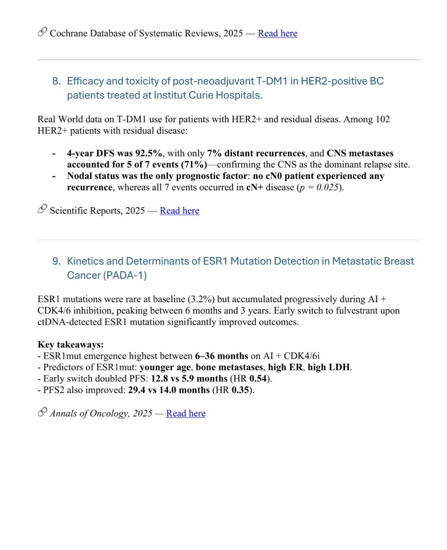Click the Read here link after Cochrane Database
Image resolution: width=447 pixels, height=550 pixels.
coord(277,33)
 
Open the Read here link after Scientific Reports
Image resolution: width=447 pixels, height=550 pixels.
coord(179,210)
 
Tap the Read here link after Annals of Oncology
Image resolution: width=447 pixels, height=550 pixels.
coord(186,413)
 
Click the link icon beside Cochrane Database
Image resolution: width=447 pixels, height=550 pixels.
coord(42,32)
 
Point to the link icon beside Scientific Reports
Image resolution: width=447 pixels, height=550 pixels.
coord(42,209)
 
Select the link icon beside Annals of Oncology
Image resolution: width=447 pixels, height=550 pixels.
coord(42,412)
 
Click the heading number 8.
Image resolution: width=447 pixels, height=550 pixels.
coord(56,81)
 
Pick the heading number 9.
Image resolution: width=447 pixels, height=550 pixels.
coord(56,261)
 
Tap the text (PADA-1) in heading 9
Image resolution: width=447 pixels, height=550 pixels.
coord(124,275)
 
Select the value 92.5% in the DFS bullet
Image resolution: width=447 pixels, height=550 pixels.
coord(149,153)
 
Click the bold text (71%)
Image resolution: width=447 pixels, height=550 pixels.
coord(194,165)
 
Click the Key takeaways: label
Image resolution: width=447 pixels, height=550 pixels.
coord(71,345)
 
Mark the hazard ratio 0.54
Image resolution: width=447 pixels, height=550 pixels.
coord(258,378)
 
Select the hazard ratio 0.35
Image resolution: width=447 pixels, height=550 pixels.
coord(240,390)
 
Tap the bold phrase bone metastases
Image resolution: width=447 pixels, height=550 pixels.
coord(229,367)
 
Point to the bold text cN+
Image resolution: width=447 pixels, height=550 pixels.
coord(255,187)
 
